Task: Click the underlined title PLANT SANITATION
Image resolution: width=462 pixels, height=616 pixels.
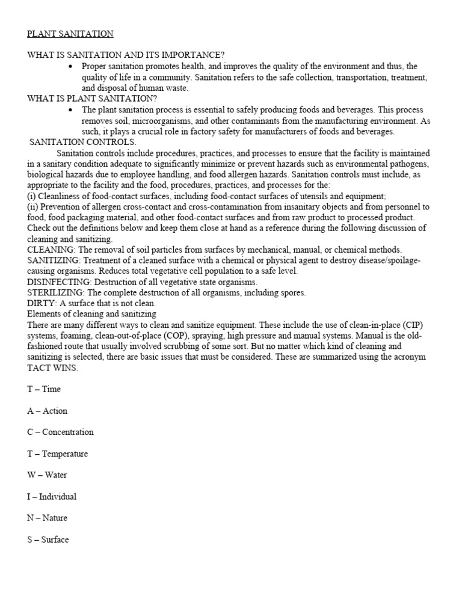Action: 70,34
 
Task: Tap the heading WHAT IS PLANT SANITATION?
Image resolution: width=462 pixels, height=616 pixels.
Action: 92,99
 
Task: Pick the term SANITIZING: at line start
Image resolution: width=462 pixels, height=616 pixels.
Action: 54,260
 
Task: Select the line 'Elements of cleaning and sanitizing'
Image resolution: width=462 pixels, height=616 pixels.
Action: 91,314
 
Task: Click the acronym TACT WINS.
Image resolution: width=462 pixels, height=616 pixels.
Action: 52,368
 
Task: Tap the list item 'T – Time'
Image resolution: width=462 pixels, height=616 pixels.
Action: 44,389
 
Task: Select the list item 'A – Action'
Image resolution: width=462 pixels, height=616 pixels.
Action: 47,411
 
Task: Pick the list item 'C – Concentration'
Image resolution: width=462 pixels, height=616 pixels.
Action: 60,432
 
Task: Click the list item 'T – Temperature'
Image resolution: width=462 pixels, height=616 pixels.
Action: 57,454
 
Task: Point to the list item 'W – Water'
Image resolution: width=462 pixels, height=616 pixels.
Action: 47,475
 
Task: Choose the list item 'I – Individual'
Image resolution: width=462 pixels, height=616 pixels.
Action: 52,497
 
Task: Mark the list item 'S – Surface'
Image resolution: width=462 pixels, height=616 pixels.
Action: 48,540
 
